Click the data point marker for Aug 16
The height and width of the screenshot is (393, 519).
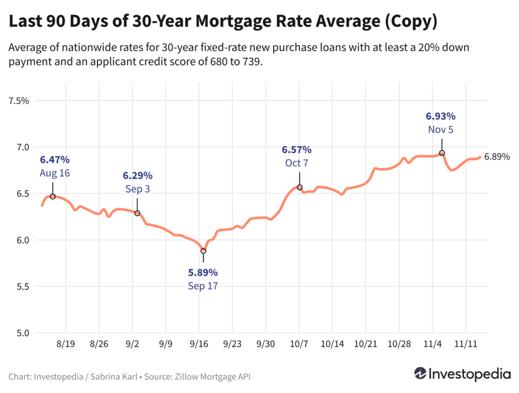click(53, 196)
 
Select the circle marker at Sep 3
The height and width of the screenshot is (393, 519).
click(137, 213)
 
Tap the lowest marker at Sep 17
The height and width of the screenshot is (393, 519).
click(203, 251)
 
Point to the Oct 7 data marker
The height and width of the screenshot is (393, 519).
click(300, 187)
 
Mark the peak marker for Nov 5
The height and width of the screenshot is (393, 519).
click(442, 153)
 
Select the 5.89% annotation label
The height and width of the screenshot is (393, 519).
click(203, 272)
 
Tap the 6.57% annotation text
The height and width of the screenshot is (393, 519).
click(296, 150)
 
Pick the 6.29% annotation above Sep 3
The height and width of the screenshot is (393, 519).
click(137, 176)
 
